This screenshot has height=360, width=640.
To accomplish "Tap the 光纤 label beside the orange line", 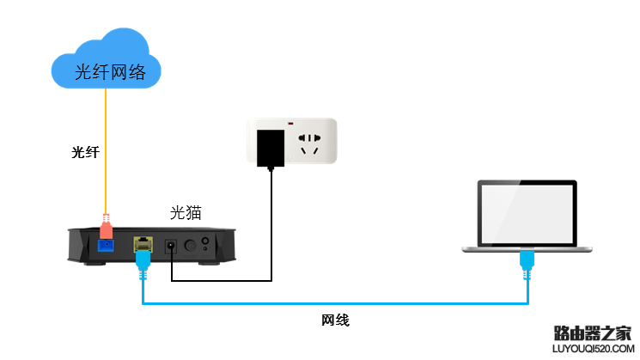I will click(85, 152).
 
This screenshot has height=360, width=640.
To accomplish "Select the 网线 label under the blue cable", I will click(335, 320).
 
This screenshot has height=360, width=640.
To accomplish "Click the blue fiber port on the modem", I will click(107, 246).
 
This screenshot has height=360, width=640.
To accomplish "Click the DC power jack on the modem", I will click(171, 246).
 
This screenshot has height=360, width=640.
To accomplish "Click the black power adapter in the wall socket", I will click(272, 147).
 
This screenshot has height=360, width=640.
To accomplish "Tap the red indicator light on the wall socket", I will click(292, 120).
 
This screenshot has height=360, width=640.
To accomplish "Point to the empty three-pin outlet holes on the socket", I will click(310, 143).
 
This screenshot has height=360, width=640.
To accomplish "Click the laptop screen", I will click(527, 212).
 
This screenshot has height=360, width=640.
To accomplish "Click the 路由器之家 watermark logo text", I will click(593, 332).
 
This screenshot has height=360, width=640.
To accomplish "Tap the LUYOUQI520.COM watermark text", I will click(593, 349).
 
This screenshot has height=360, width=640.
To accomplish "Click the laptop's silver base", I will click(527, 247).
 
